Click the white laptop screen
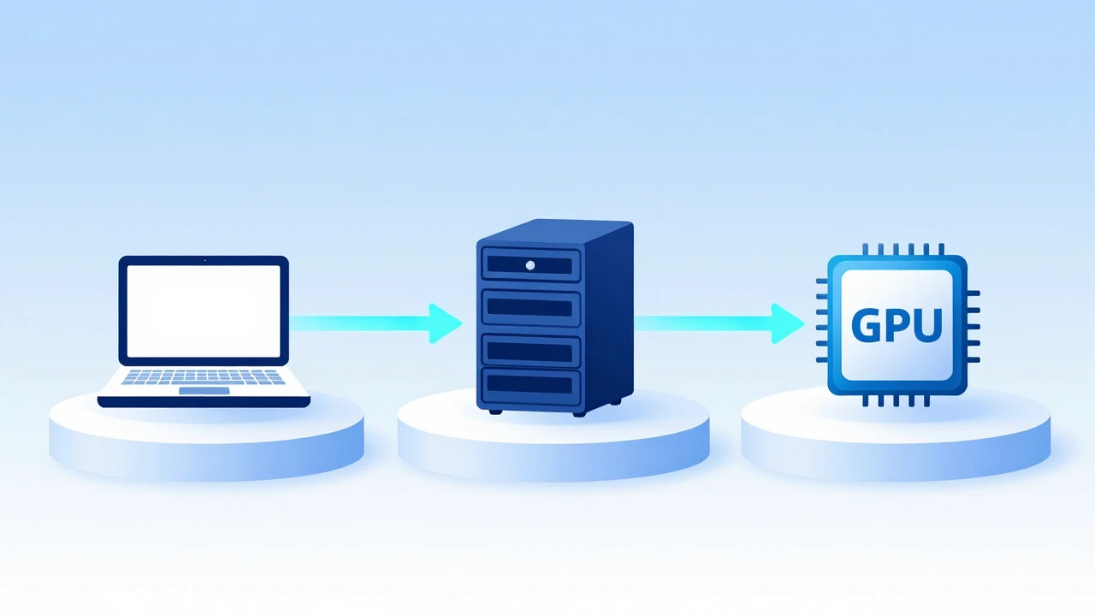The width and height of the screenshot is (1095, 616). pyautogui.click(x=204, y=311)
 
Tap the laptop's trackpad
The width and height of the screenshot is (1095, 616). pyautogui.click(x=204, y=391)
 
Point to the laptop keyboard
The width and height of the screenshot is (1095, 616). pyautogui.click(x=203, y=377)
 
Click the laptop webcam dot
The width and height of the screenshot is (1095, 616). pyautogui.click(x=204, y=261)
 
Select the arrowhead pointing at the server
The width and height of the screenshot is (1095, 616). pyautogui.click(x=444, y=323)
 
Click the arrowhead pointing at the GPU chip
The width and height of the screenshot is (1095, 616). pyautogui.click(x=786, y=323)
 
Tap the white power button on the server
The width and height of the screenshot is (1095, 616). pyautogui.click(x=530, y=265)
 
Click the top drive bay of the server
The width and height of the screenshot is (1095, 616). pyautogui.click(x=531, y=264)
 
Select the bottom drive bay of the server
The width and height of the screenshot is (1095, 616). pyautogui.click(x=531, y=387)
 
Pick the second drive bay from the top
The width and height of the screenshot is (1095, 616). pyautogui.click(x=531, y=307)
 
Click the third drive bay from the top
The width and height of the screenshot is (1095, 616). pyautogui.click(x=531, y=351)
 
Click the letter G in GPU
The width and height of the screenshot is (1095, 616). pyautogui.click(x=867, y=325)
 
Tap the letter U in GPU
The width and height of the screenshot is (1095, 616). pyautogui.click(x=926, y=325)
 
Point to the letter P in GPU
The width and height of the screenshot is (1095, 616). pyautogui.click(x=898, y=325)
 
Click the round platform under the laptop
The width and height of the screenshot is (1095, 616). pyautogui.click(x=206, y=440)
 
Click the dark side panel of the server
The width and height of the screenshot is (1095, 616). pyautogui.click(x=609, y=317)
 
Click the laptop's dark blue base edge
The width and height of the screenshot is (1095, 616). pyautogui.click(x=204, y=402)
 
